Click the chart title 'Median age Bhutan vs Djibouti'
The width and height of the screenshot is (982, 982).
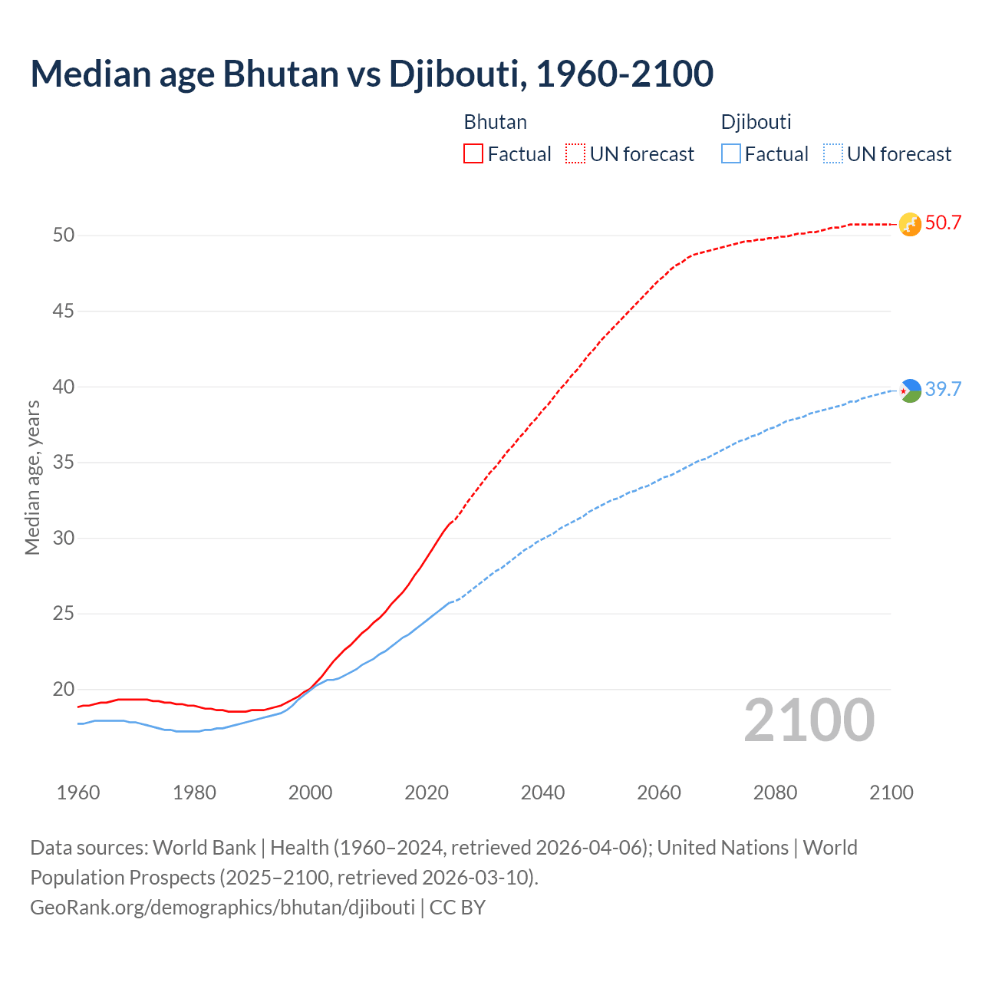[372, 74]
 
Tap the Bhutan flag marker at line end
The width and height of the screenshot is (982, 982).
[910, 224]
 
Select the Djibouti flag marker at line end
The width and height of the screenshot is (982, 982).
[910, 390]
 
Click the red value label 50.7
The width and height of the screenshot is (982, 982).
[943, 223]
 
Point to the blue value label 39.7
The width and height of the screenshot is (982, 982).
[943, 390]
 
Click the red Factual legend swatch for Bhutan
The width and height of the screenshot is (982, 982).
[473, 154]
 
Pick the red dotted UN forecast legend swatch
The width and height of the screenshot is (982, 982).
[575, 154]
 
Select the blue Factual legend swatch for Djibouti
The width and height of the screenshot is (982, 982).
[731, 154]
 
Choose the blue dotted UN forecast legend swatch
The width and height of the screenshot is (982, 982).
[832, 154]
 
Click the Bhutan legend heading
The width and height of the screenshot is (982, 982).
[496, 122]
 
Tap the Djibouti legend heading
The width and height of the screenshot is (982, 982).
[756, 122]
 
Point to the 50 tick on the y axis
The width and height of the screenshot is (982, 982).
[64, 236]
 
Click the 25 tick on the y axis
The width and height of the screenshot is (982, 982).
[64, 614]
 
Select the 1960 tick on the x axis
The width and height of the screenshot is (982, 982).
[78, 793]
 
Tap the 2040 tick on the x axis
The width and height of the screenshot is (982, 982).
[543, 793]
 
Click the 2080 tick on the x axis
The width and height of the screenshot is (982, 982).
[775, 793]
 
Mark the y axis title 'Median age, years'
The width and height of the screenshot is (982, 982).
[32, 477]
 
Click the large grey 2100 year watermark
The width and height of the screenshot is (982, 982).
[809, 720]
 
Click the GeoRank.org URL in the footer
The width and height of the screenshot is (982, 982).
[222, 908]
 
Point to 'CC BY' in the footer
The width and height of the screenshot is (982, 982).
[457, 908]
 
